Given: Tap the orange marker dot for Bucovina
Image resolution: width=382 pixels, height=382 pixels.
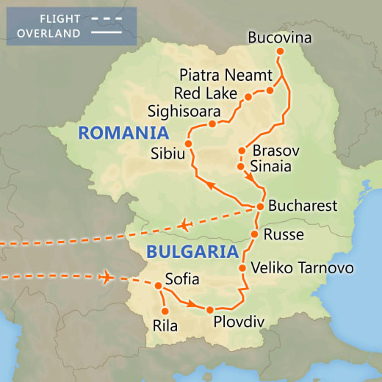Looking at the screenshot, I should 279,51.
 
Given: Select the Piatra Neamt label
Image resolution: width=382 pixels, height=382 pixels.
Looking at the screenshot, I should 226,75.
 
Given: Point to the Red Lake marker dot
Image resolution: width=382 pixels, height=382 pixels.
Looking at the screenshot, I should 248,97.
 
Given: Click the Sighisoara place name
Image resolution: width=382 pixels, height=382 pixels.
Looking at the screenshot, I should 184,112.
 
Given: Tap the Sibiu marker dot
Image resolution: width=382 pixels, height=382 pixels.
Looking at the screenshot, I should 188,143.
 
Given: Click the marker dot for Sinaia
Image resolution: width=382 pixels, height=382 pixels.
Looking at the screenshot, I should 242,167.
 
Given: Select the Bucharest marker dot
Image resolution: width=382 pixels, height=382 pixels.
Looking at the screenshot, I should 260,206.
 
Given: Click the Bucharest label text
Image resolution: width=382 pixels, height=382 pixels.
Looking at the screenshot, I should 302,206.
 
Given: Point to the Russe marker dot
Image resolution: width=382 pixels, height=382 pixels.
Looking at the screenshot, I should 254,235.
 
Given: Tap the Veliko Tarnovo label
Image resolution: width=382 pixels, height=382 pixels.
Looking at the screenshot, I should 302,267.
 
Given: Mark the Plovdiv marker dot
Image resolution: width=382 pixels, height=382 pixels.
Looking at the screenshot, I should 210,309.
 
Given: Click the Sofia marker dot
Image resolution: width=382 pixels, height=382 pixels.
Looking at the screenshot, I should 158,285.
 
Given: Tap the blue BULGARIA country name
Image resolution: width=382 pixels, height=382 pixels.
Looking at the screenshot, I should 193,251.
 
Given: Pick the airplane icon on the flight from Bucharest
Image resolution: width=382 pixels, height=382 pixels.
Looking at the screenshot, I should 184,224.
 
